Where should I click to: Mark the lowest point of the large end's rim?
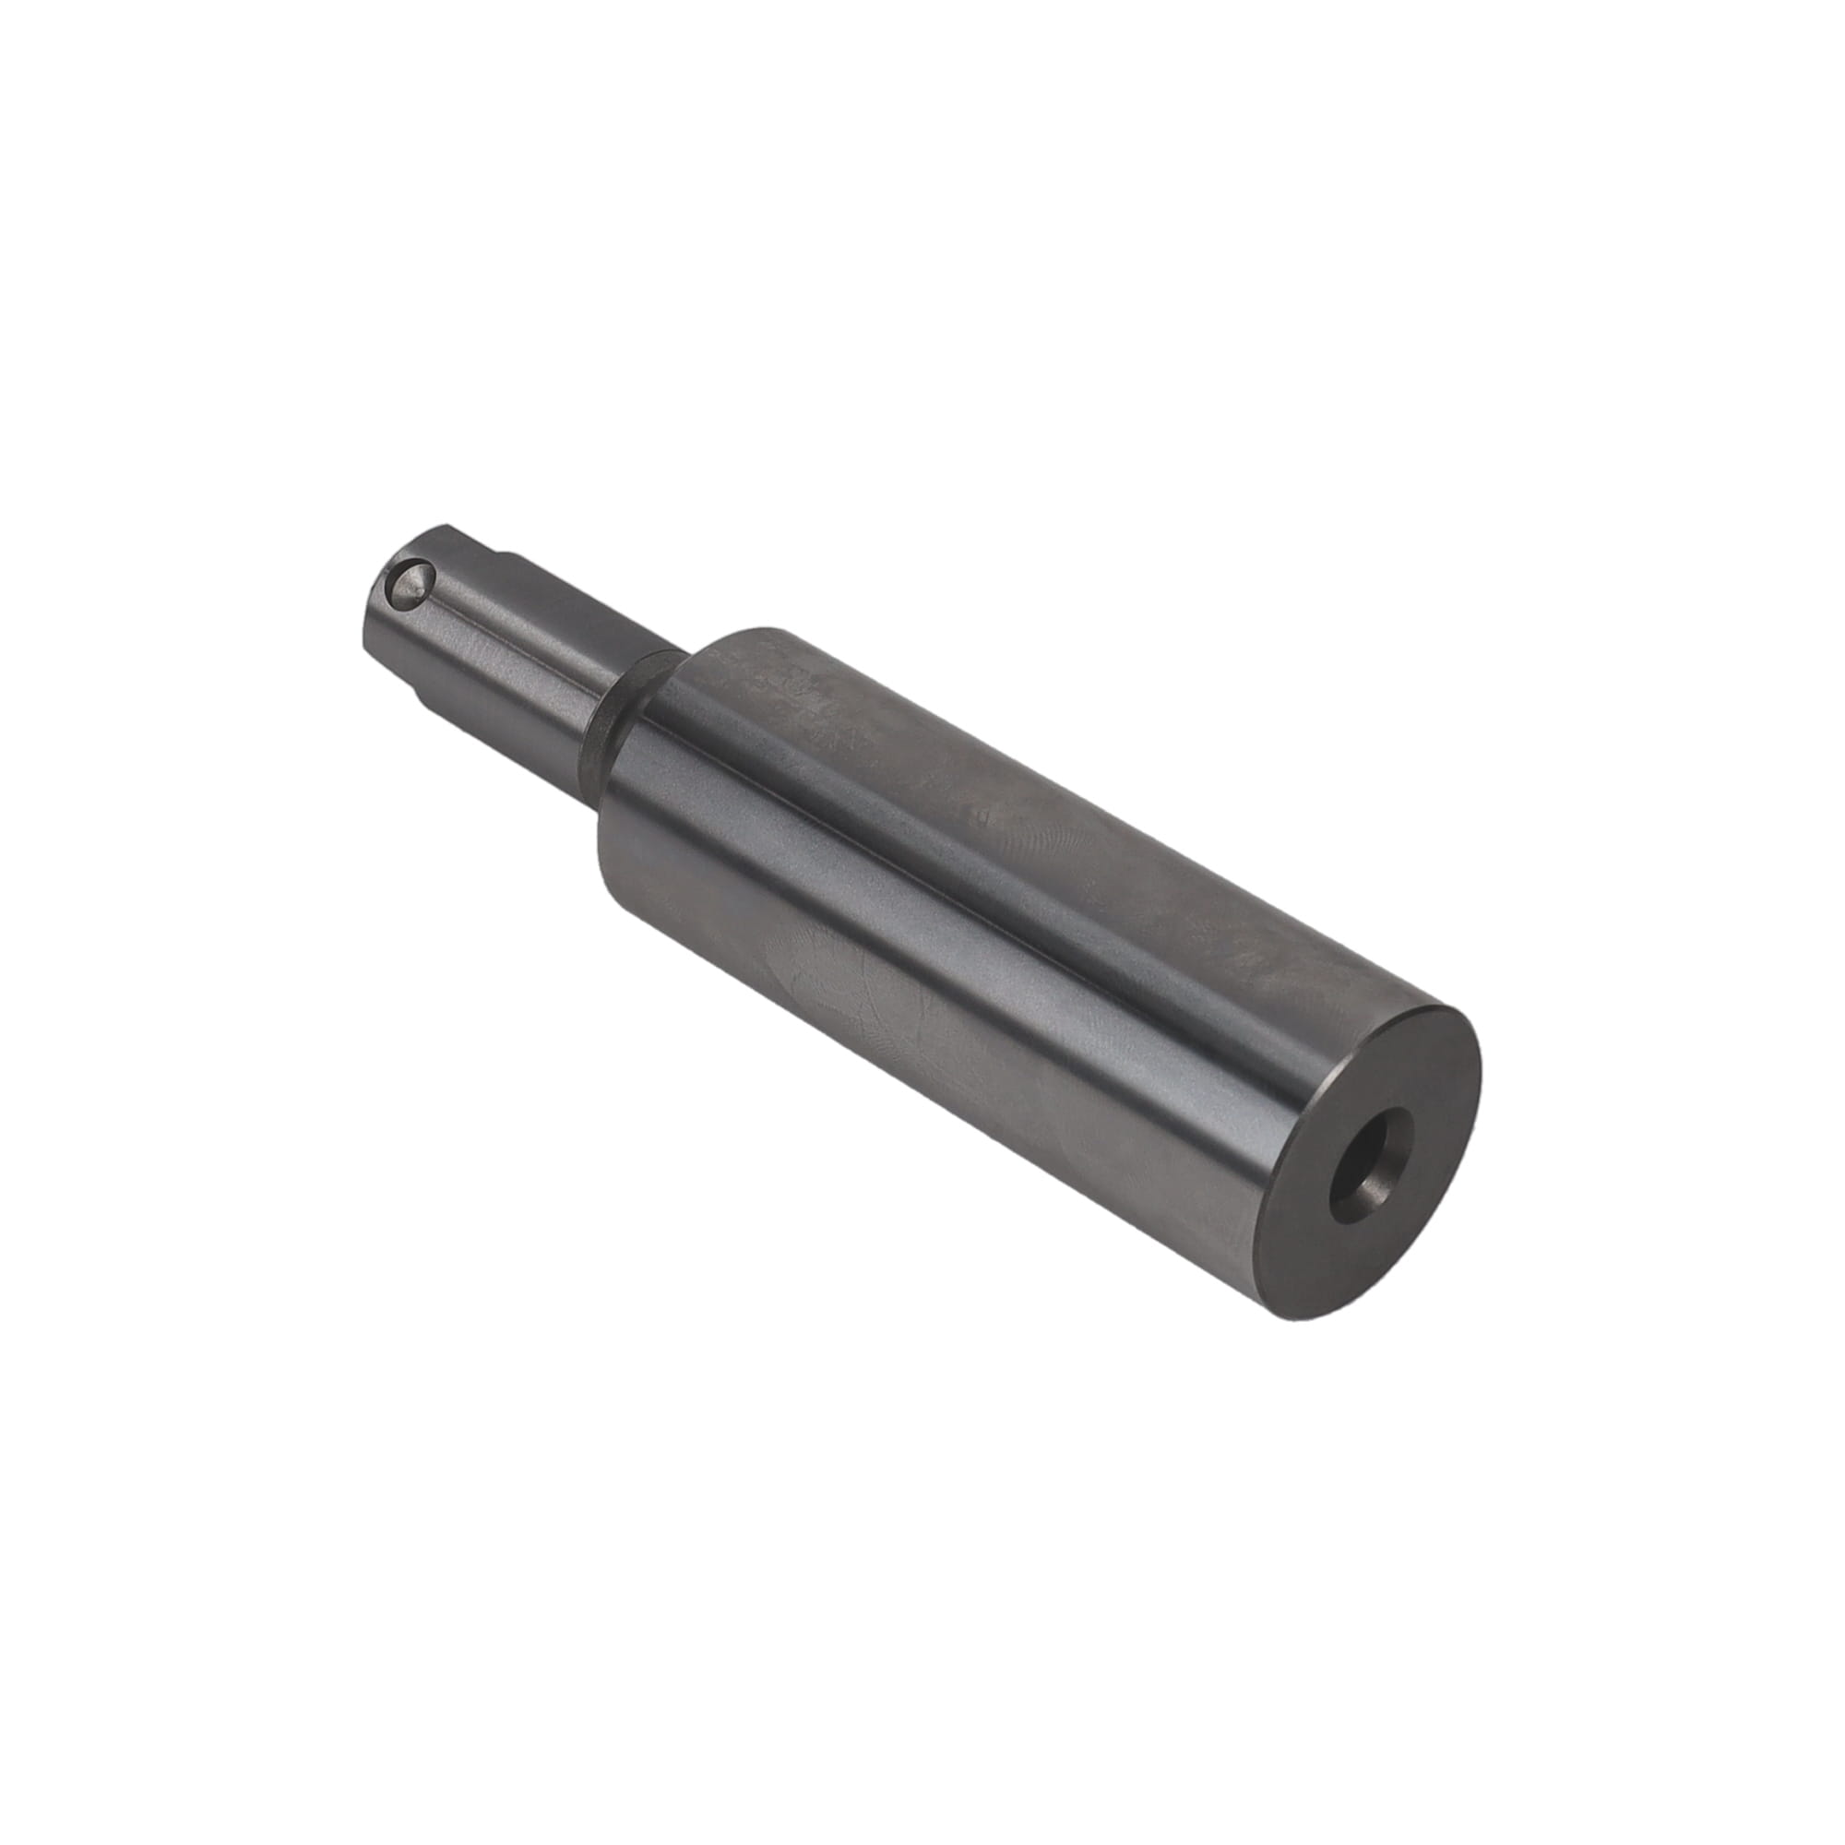coord(1308,1321)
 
